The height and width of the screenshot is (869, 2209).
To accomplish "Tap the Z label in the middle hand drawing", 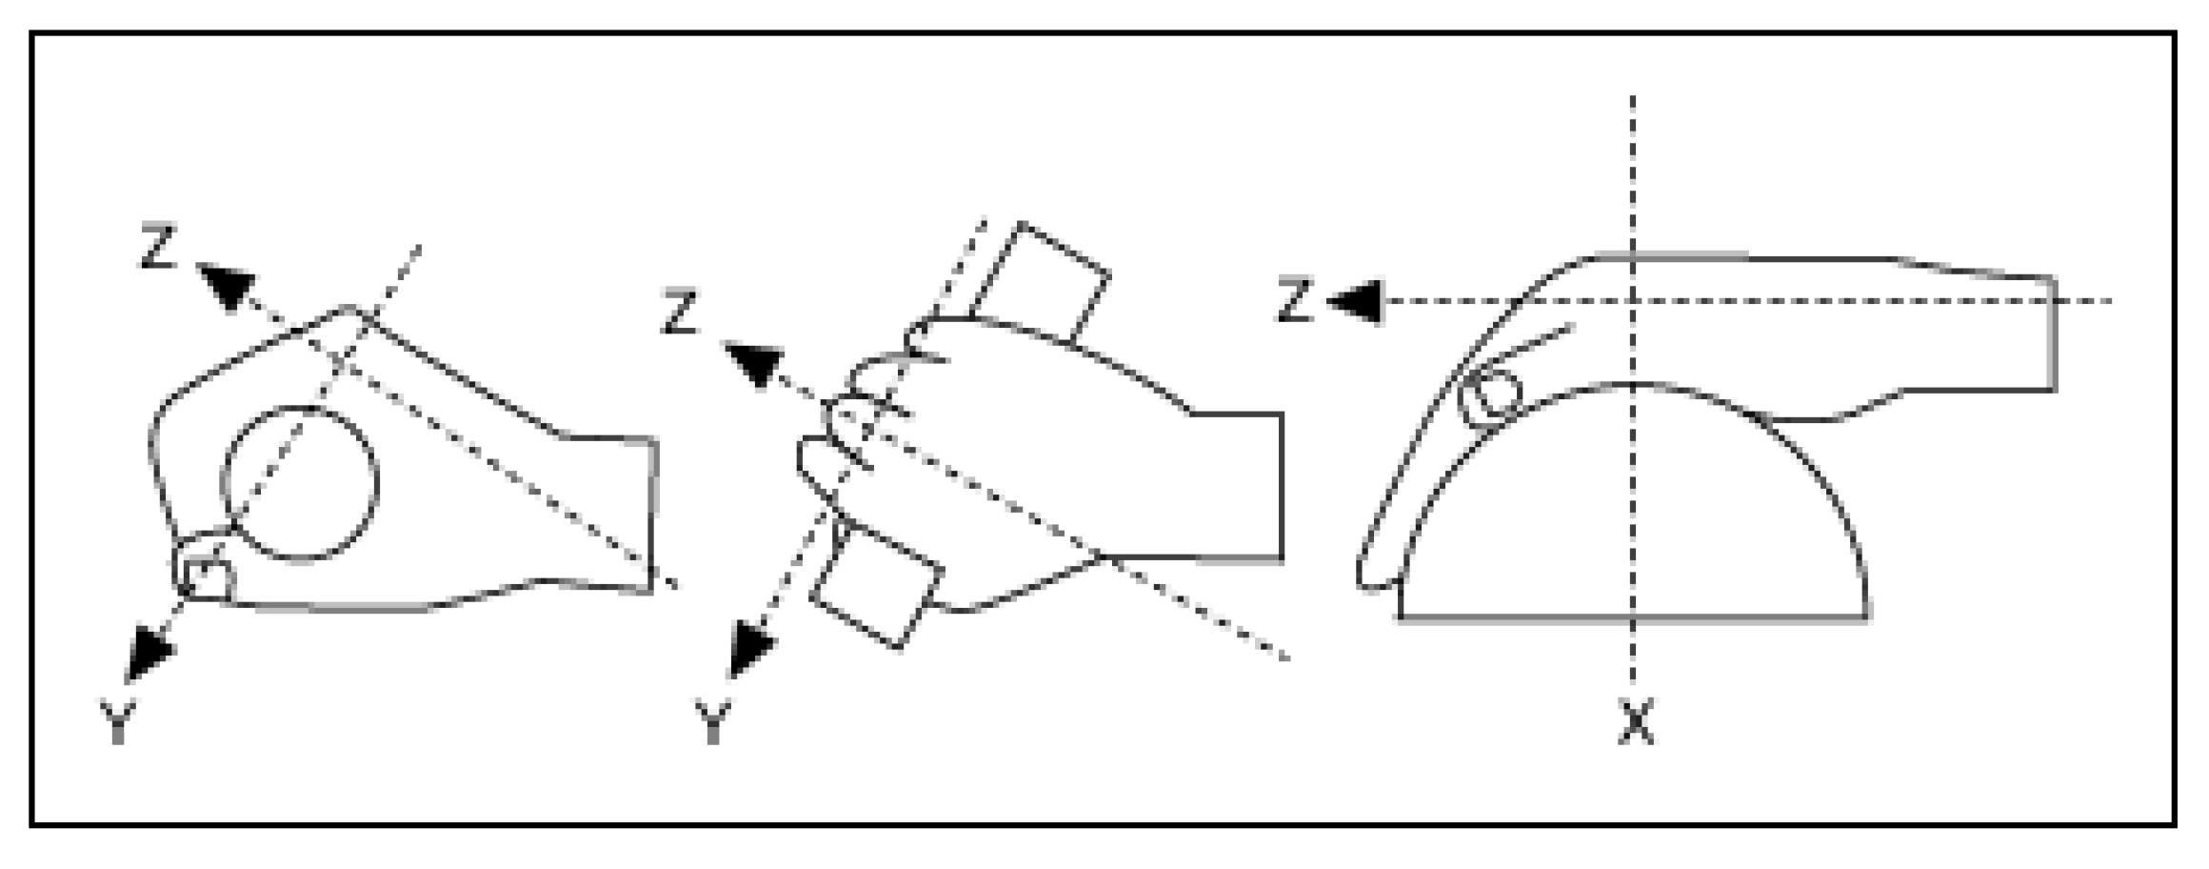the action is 680,313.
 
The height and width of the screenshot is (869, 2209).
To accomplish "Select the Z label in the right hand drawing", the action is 1295,302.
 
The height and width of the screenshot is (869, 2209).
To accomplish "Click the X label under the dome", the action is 1636,722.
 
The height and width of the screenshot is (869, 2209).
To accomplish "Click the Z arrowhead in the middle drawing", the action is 753,367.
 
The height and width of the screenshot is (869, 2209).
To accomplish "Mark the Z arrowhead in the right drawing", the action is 1356,302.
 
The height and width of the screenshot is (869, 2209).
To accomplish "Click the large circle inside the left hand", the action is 300,482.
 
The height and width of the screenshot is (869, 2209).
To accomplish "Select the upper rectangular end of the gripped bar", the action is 1040,281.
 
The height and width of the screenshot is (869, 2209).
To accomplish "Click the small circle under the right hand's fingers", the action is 1491,394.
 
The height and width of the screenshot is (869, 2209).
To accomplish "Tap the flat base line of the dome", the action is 1632,619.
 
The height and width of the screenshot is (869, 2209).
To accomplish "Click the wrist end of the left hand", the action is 653,515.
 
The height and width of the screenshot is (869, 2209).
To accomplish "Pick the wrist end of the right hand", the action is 2053,333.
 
